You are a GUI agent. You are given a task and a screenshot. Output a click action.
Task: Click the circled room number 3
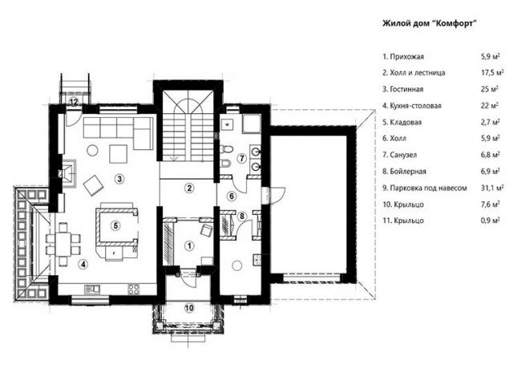click(119, 179)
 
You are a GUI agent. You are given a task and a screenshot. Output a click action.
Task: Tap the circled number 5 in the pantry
click(115, 225)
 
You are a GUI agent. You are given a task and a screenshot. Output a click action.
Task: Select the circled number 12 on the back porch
click(74, 102)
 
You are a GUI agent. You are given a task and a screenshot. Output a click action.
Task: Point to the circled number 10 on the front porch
click(189, 308)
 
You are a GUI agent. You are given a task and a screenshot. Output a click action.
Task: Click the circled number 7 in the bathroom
click(242, 159)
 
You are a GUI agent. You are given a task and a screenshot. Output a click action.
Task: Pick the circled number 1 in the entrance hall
click(189, 245)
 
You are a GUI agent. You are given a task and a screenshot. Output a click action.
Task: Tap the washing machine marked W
click(228, 124)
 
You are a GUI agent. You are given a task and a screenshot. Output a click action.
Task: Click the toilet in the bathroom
click(226, 149)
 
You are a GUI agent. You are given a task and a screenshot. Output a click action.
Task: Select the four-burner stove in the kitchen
click(134, 289)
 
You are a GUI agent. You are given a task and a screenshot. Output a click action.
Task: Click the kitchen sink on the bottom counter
click(92, 289)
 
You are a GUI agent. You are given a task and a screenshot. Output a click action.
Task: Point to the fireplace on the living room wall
click(67, 172)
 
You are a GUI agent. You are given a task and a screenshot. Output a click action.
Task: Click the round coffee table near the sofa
click(92, 151)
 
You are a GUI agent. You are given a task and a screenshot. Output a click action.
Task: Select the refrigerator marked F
click(114, 253)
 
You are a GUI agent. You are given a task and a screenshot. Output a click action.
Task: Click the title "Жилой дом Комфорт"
click(429, 23)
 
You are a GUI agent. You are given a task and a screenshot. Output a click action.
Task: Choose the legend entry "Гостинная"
click(403, 89)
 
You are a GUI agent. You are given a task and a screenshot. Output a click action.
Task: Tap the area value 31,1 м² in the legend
click(492, 188)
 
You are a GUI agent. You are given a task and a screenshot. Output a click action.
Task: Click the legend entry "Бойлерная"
click(404, 171)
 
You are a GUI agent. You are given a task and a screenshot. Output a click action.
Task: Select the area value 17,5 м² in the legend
click(492, 72)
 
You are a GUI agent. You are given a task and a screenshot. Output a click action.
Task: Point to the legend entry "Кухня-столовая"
click(412, 106)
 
